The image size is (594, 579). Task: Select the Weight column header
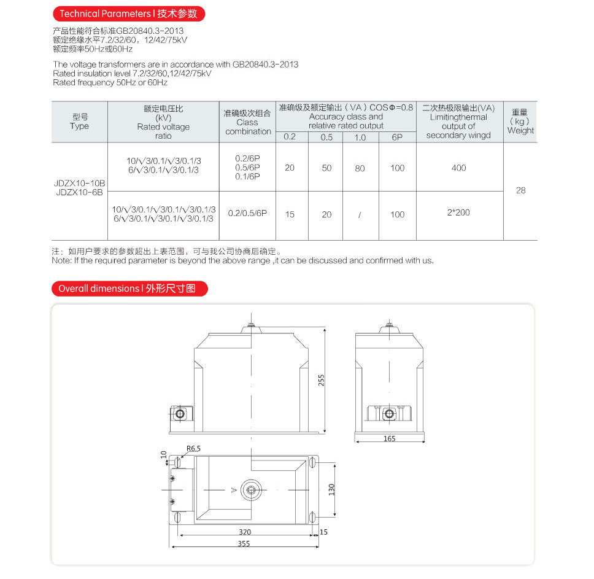coord(520,122)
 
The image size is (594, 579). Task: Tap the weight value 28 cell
coord(520,190)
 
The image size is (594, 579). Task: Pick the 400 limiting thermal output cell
coord(458,168)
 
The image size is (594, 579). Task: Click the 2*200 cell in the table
coord(458,212)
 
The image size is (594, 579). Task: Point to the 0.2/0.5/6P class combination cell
coord(248,213)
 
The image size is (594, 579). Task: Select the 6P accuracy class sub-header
coord(397,137)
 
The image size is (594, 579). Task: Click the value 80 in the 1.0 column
coord(360,168)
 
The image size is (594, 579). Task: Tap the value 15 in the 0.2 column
coord(290,214)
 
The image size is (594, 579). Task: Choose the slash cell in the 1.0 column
coord(360,214)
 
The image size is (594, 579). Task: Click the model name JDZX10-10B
coord(80,184)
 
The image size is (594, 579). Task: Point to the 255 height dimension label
coord(322,380)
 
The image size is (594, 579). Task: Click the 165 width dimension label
coord(389,438)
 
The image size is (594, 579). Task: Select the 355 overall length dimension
coord(245,543)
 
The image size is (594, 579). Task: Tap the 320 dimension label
coord(245,532)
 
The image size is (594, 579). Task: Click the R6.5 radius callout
coord(194,449)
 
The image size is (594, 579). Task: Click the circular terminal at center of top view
coord(251,490)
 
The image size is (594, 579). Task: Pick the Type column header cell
coord(80,122)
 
